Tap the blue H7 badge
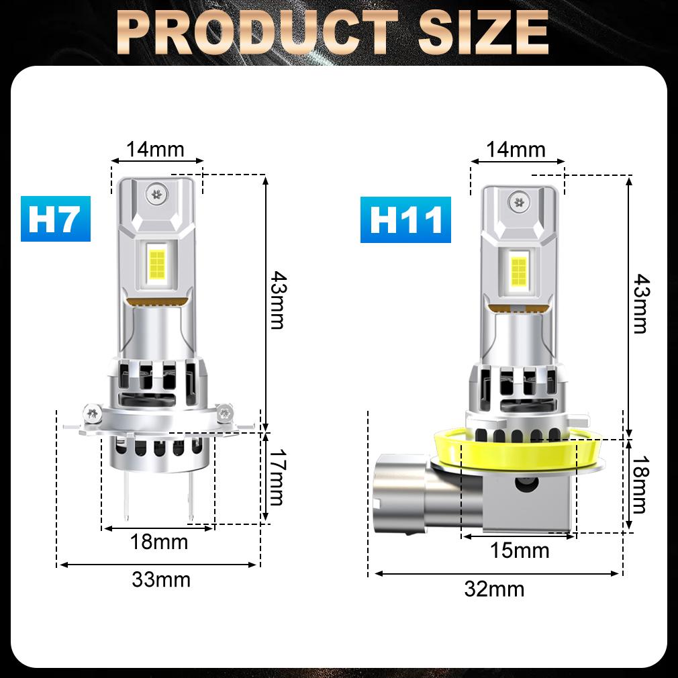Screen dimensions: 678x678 coord(55,220)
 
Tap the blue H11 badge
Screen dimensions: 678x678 coord(405,220)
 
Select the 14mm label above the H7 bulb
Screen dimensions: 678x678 coord(156,149)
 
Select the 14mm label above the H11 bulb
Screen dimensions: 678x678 coord(516,149)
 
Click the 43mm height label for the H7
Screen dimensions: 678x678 coord(277,299)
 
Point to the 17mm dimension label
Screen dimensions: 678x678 coord(275,479)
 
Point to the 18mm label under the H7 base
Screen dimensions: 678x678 coord(159,541)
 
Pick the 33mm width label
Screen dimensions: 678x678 coord(161,579)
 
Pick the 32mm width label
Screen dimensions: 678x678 coord(495,589)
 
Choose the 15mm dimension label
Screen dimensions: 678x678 coord(520,550)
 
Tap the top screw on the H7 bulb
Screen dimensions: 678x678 coord(159,193)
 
